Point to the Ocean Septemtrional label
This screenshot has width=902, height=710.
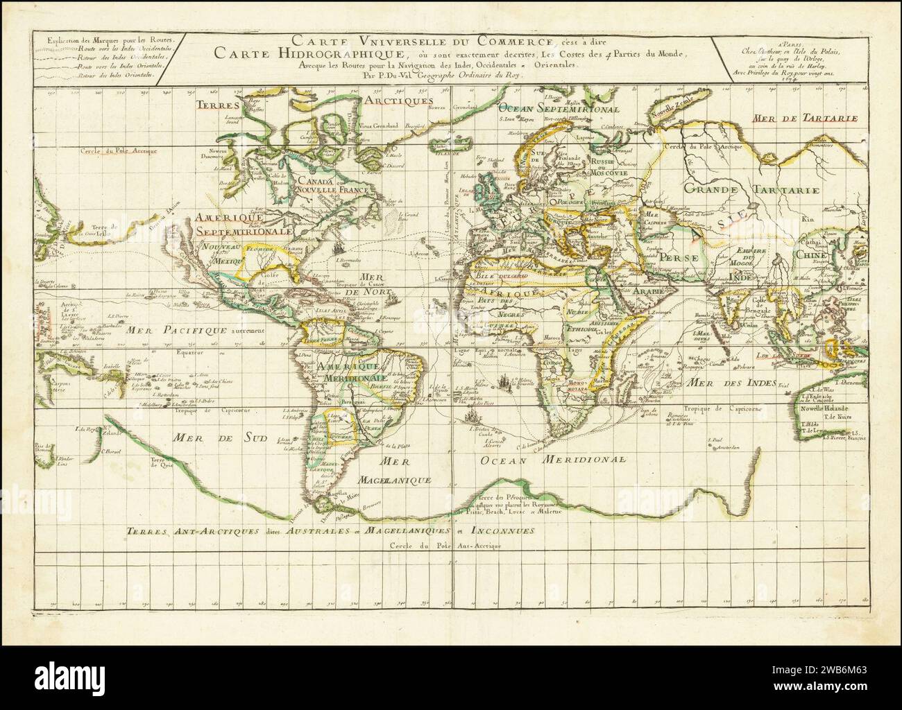tap(560, 109)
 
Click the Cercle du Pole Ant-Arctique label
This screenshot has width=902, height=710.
tap(445, 546)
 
